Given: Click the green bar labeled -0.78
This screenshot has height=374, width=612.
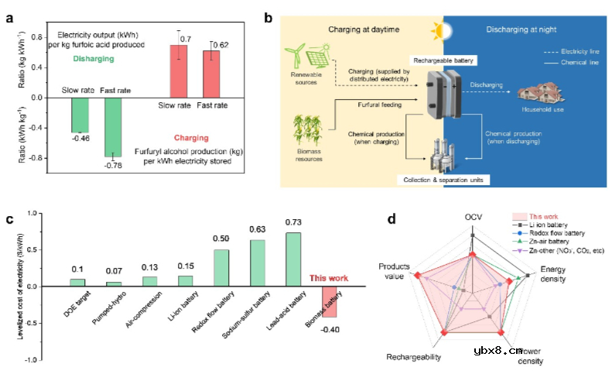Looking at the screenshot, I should point(114,127).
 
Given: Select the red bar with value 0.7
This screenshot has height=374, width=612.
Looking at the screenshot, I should point(179,72).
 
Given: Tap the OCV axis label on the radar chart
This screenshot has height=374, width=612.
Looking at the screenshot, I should point(473,218).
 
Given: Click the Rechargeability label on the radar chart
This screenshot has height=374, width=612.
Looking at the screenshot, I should point(414,357).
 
